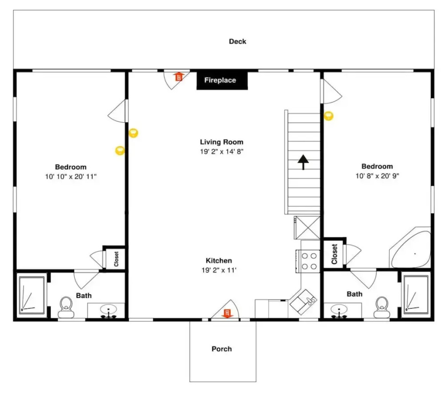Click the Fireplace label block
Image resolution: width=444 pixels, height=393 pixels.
click(222, 80)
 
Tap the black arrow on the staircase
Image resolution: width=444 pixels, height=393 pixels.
click(303, 162)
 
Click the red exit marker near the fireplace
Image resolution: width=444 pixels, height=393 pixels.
click(179, 76)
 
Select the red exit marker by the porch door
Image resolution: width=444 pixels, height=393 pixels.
click(227, 313)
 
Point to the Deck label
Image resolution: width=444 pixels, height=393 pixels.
click(238, 41)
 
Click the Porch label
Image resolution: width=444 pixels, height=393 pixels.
click(222, 349)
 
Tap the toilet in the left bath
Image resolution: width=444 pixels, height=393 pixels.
click(66, 308)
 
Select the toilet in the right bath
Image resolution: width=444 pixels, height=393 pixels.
click(382, 308)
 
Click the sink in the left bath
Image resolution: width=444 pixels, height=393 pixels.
click(108, 311)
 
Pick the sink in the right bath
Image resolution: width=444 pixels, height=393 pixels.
click(339, 311)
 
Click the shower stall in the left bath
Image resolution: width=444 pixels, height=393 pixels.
click(32, 295)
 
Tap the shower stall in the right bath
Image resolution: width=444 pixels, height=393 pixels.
click(416, 294)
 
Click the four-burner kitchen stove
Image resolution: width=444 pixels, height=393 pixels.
click(308, 261)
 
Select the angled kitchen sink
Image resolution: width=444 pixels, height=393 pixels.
click(303, 302)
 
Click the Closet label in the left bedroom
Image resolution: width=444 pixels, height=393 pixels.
click(116, 259)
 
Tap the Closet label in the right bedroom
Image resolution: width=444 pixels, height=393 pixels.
click(335, 254)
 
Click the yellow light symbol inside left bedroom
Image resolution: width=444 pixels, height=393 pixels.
click(120, 150)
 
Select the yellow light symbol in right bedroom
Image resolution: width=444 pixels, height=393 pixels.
click(329, 116)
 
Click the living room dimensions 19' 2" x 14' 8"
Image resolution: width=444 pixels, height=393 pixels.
click(222, 151)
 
